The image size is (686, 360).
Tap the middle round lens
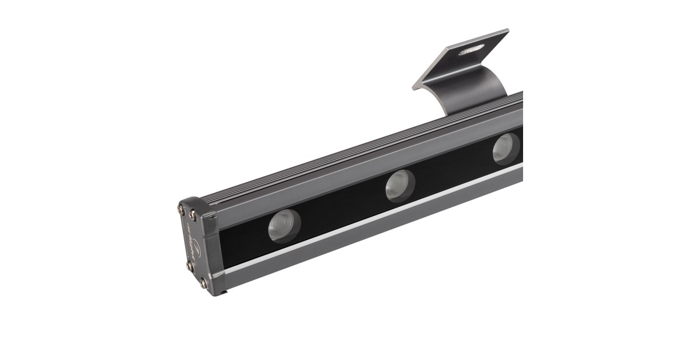pos(400,186)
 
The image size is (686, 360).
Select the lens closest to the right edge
pos(506,148)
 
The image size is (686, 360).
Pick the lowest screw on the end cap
pos(203,283)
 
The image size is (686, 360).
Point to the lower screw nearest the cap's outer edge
pos(190,266)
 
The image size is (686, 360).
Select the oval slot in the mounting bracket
pos(472,50)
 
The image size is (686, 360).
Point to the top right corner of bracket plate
pos(508,31)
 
